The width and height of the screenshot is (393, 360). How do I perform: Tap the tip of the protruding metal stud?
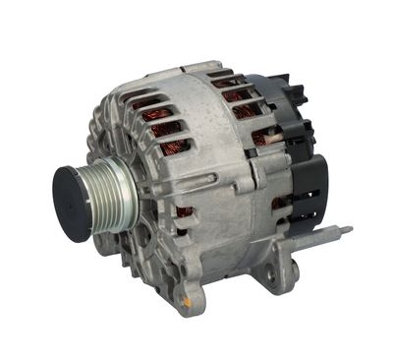349,230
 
